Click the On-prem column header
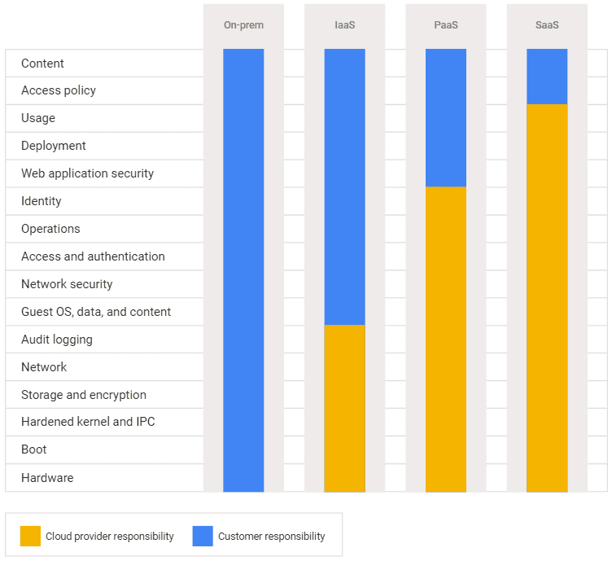[243, 25]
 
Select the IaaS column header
[344, 25]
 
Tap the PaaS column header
[445, 25]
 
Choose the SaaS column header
[547, 25]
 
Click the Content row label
[42, 64]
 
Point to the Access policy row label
[59, 90]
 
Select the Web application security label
[87, 173]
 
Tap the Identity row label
[42, 201]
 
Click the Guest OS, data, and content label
[96, 312]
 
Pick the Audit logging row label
[57, 340]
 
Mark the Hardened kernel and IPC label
[88, 422]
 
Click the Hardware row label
[47, 478]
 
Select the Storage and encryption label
[84, 395]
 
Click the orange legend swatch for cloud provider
[30, 536]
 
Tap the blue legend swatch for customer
[203, 536]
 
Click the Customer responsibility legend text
[271, 537]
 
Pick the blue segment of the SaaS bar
[547, 77]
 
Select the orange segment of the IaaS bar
[344, 408]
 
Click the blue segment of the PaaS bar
[445, 118]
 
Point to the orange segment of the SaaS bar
[547, 298]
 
